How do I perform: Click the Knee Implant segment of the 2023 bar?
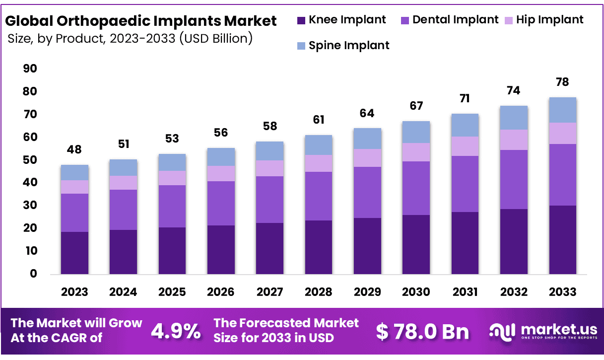(74, 253)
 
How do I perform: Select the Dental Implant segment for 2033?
(562, 175)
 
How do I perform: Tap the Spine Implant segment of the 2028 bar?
(319, 145)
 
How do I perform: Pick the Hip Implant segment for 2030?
(416, 152)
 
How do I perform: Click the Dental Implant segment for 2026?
(221, 204)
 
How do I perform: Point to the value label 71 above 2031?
(465, 98)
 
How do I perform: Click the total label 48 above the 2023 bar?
(74, 149)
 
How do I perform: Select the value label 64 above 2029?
(367, 113)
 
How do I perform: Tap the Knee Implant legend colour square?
(301, 20)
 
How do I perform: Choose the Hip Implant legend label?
(550, 20)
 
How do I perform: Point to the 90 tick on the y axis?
(30, 69)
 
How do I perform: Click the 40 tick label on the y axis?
(30, 183)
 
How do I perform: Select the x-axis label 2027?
(269, 292)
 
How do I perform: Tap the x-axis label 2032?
(514, 292)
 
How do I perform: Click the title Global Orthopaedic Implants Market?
(140, 21)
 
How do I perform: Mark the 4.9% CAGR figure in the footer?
(176, 331)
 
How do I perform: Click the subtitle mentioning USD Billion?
(130, 38)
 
